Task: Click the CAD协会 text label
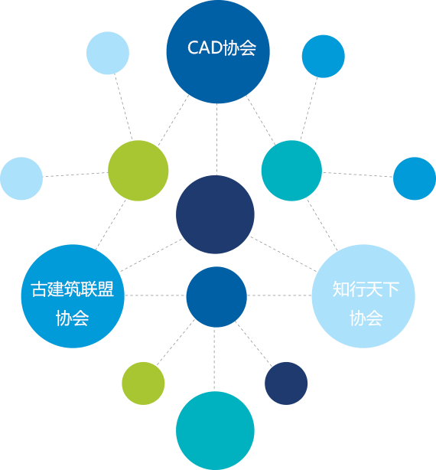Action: click(222, 47)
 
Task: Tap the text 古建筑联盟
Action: click(73, 289)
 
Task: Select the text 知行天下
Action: click(366, 289)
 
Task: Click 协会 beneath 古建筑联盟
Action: click(73, 318)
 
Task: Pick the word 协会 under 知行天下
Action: click(366, 318)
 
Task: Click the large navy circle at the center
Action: click(215, 214)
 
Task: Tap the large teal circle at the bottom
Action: click(215, 431)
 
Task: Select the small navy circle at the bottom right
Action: click(286, 384)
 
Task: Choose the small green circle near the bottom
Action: click(143, 384)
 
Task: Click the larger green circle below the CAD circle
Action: click(138, 171)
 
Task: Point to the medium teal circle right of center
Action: click(291, 171)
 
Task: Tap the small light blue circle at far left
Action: click(21, 178)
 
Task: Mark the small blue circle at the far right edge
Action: click(415, 178)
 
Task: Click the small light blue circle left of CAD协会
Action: click(108, 53)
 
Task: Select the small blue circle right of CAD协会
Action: click(324, 57)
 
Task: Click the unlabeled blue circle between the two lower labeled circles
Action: click(216, 297)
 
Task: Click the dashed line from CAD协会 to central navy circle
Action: click(216, 139)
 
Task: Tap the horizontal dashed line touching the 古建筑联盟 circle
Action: click(155, 295)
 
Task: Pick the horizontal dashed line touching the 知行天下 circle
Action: click(279, 295)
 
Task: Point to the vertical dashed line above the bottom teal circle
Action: click(214, 360)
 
